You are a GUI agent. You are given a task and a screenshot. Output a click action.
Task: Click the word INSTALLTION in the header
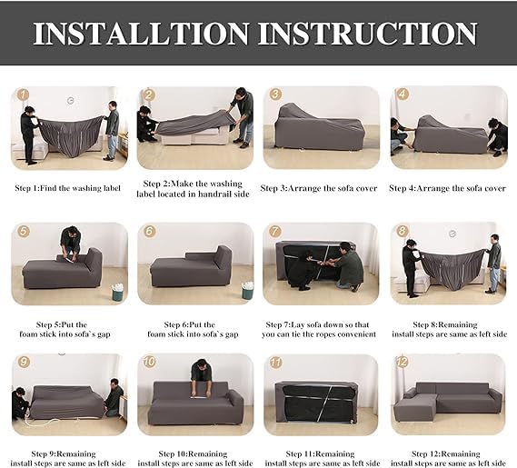click(141, 34)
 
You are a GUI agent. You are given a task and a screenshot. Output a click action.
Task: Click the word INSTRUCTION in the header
click(367, 34)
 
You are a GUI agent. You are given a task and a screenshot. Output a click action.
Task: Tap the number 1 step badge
click(23, 95)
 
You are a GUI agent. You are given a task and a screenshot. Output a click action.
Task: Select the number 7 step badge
click(274, 231)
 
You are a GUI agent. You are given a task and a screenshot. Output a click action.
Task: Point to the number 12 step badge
click(402, 362)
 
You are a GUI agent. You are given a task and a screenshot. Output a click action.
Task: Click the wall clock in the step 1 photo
click(70, 101)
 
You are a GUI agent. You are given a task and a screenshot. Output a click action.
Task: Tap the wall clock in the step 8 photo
click(452, 234)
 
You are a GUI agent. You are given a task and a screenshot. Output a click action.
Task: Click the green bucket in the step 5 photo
click(118, 292)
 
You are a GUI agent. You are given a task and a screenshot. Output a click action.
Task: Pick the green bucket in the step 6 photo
click(247, 291)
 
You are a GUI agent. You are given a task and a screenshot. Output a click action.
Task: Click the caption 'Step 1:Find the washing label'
click(67, 188)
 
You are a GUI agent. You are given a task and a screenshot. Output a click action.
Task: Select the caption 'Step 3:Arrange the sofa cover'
click(319, 188)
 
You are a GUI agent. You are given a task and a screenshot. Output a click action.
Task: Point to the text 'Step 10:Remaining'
click(193, 454)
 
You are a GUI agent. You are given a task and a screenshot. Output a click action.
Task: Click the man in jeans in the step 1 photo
click(112, 131)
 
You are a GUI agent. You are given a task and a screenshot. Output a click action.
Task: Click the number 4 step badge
click(402, 95)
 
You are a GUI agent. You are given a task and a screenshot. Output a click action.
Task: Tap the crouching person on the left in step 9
click(20, 404)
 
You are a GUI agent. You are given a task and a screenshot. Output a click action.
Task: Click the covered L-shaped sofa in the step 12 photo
click(448, 402)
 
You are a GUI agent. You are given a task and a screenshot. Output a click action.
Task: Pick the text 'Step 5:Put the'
click(61, 324)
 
